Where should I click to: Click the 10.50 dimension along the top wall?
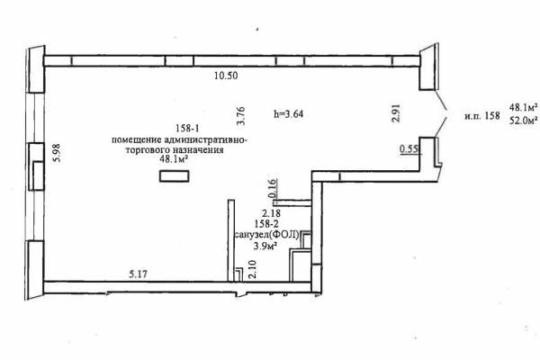[x=226, y=76]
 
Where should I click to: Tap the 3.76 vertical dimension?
[x=240, y=116]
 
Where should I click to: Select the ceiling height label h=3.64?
[x=289, y=113]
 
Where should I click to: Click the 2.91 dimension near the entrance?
[x=396, y=113]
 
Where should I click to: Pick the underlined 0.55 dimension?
[x=409, y=149]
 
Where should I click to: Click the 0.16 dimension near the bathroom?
[x=272, y=188]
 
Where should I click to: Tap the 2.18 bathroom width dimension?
[x=272, y=213]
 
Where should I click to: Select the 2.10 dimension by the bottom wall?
[x=252, y=270]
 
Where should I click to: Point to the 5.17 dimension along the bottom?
[x=139, y=274]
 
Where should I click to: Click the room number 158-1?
[x=188, y=129]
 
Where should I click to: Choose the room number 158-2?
[x=267, y=224]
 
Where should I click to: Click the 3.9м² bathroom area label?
[x=265, y=246]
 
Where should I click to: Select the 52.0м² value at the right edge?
[x=524, y=121]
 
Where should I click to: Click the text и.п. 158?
[x=482, y=116]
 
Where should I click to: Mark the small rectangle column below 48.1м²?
[x=174, y=176]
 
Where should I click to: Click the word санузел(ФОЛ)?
[x=267, y=235]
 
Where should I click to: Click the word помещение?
[x=137, y=140]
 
